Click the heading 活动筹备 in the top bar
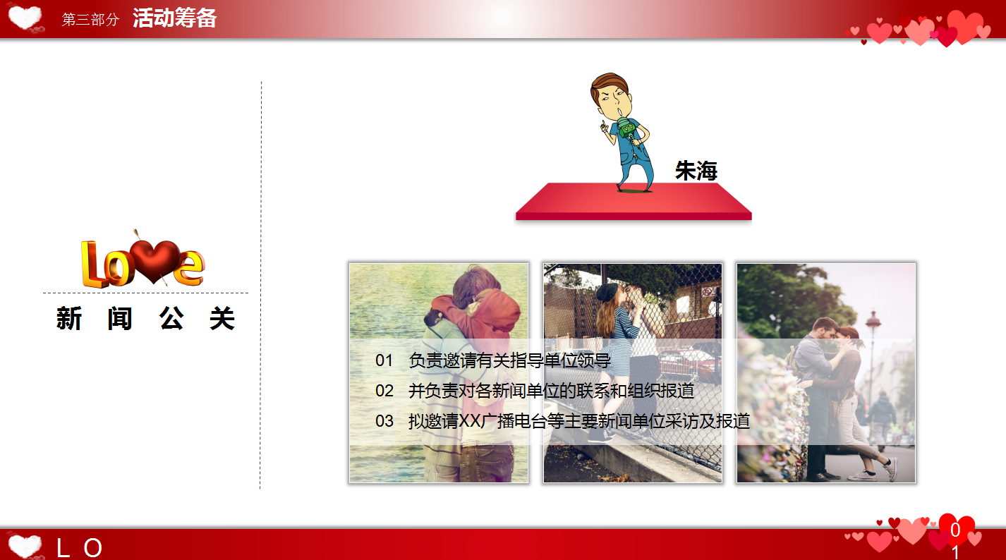(x=174, y=19)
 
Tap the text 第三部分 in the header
(x=90, y=20)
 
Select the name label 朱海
(x=696, y=171)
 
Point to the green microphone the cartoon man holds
(x=625, y=130)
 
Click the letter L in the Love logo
(x=93, y=264)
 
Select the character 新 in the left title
(x=69, y=319)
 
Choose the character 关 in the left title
(x=222, y=319)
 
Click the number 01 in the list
(x=384, y=360)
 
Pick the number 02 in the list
(x=384, y=391)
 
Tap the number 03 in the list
(x=384, y=421)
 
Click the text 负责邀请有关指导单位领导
(x=509, y=360)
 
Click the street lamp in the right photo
(x=873, y=331)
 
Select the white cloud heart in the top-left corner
(x=25, y=18)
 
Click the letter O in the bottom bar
(x=93, y=548)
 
